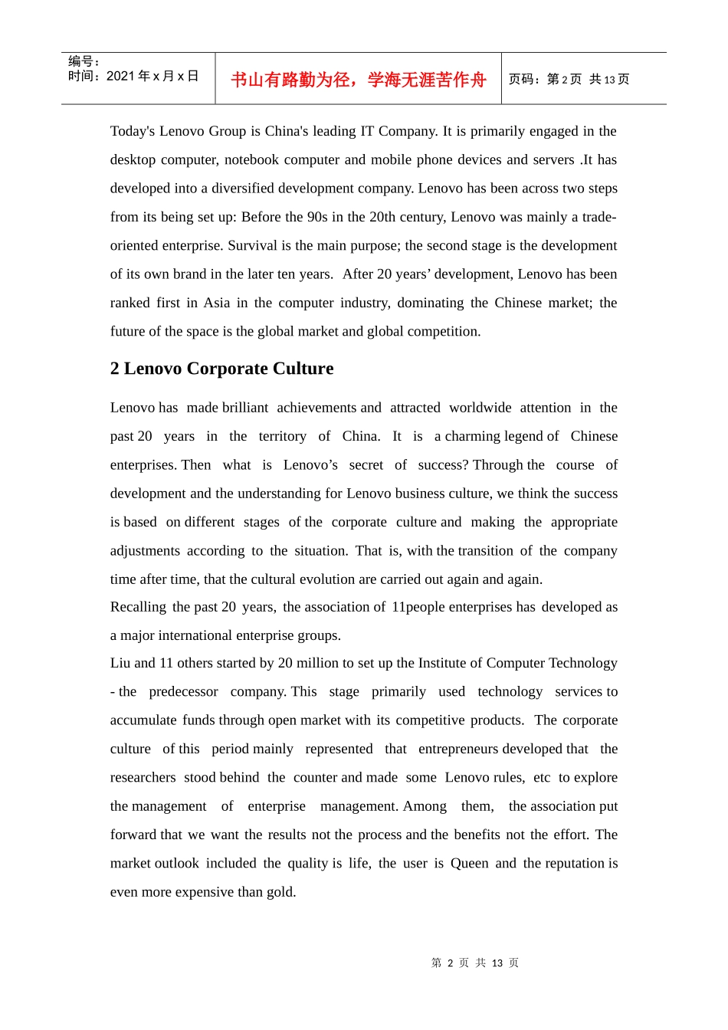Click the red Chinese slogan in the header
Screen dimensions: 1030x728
[359, 80]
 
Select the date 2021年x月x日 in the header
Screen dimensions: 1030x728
[152, 76]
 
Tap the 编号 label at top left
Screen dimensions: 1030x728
[83, 61]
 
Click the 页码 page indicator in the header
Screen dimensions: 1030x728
[569, 80]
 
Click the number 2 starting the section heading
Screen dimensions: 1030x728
[115, 369]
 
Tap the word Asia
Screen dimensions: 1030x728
[217, 303]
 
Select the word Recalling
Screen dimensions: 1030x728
[138, 607]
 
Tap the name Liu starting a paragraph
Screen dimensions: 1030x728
[120, 663]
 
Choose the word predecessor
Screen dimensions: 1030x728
[183, 691]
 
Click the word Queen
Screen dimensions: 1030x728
[469, 863]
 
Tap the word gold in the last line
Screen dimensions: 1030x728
[280, 892]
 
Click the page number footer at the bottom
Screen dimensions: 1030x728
[475, 963]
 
